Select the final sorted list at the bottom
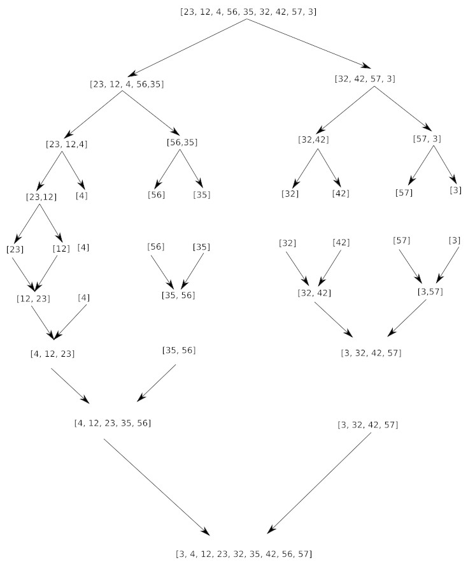coord(244,554)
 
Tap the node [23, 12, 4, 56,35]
coord(127,83)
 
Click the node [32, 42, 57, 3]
coord(365,79)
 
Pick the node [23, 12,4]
coord(66,144)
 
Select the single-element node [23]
coord(15,248)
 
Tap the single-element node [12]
coord(60,248)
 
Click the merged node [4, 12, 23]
coord(52,354)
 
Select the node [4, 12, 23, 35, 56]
coord(112,422)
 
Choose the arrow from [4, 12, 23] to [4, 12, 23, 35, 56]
coord(70,385)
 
